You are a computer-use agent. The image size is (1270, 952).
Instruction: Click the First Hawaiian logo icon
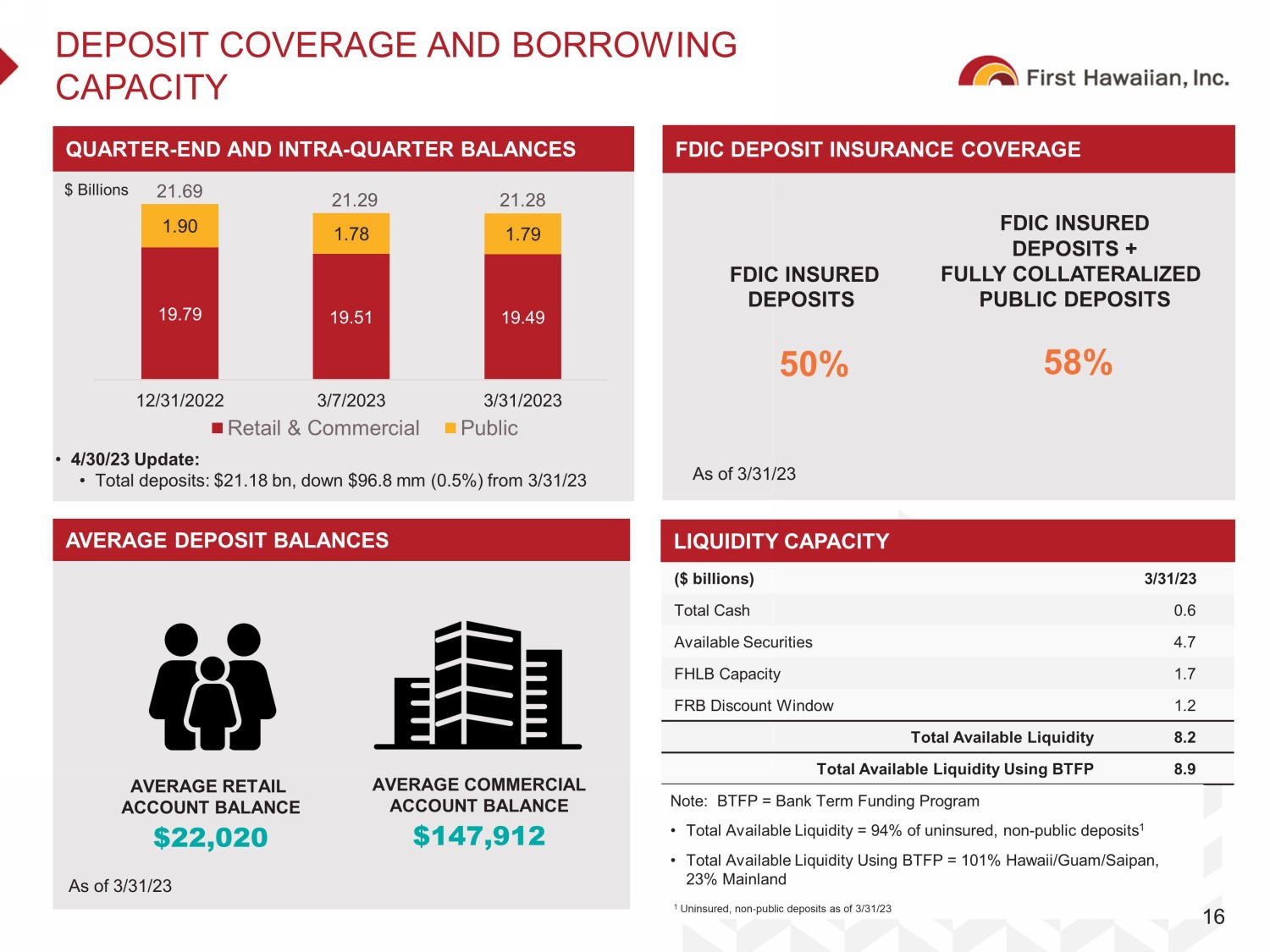pos(987,73)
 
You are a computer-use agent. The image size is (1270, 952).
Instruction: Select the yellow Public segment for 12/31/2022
pos(179,226)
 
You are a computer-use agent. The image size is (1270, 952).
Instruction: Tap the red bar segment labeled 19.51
pos(351,316)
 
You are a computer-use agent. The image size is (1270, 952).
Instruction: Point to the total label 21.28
pos(522,201)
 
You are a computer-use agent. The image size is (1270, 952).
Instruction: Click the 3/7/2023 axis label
pos(351,400)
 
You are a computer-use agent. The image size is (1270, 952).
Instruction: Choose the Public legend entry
pos(482,428)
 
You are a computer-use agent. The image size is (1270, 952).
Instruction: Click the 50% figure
pos(814,365)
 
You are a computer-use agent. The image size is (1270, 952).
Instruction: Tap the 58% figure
pos(1078,362)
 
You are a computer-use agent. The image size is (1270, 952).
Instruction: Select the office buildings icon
pos(478,685)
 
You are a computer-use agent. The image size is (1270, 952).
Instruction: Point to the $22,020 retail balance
pos(211,838)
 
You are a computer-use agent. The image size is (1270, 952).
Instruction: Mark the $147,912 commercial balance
pos(479,836)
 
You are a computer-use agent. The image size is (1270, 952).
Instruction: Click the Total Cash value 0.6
pos(1184,611)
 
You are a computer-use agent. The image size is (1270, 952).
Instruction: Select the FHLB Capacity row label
pos(727,674)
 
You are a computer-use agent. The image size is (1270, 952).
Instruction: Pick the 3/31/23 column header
pos(1170,579)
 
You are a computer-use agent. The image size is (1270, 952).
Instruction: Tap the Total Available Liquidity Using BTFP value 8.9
pos(1184,769)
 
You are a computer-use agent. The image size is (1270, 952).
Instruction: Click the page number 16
pos(1213,916)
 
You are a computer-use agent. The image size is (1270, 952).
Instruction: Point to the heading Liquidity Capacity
pos(781,542)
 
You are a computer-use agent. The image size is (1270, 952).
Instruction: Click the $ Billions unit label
pos(97,190)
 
